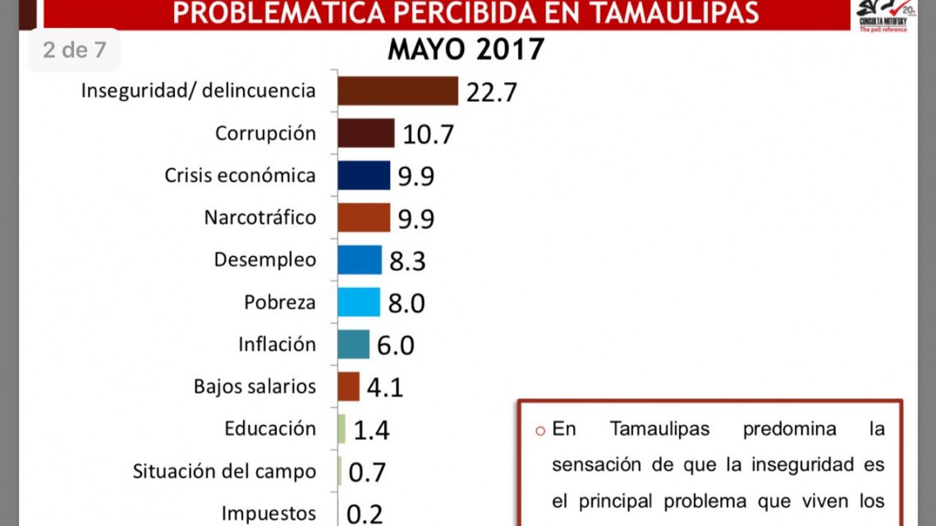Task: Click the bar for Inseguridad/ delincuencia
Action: pos(397,90)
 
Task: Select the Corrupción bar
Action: pos(366,133)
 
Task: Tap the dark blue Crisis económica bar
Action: pos(364,175)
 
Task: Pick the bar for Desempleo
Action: pos(360,259)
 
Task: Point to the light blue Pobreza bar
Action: pos(359,302)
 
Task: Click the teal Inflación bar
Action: pos(354,344)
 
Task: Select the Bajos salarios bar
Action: pos(349,386)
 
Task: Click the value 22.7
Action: pos(491,92)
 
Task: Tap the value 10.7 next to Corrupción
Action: pos(428,135)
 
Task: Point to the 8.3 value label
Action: pos(406,261)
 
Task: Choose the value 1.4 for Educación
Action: pos(370,430)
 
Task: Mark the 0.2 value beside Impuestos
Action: pos(365,515)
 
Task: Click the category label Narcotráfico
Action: pos(259,217)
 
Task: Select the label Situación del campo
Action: pos(224,471)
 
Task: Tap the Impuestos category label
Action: pos(268,514)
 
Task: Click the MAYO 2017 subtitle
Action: pos(466,49)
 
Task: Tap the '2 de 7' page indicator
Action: pos(75,50)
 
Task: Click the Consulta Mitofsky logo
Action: pos(883,15)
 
